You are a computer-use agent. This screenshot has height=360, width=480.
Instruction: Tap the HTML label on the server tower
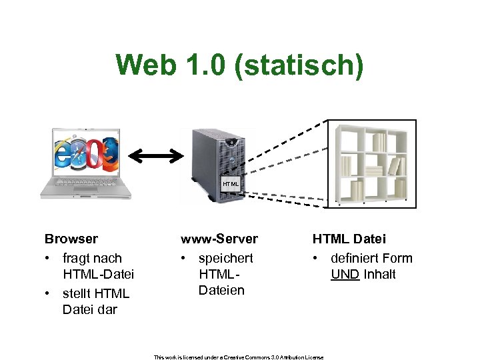[230, 183]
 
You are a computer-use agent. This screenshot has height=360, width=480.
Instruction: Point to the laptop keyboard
[86, 183]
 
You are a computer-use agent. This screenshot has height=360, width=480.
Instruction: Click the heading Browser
[71, 239]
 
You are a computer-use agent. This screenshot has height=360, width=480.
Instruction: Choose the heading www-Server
[219, 239]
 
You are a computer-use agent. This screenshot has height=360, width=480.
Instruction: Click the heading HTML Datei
[349, 239]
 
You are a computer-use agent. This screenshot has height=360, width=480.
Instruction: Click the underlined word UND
[345, 274]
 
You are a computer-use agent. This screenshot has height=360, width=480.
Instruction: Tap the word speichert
[225, 258]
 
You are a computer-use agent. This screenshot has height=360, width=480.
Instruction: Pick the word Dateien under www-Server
[221, 290]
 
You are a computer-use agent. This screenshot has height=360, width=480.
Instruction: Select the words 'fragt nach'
[92, 258]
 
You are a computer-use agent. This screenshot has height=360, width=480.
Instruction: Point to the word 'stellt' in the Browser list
[77, 293]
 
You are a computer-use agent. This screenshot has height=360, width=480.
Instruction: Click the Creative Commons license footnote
[239, 357]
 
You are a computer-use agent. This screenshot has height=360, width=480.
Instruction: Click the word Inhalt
[379, 274]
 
